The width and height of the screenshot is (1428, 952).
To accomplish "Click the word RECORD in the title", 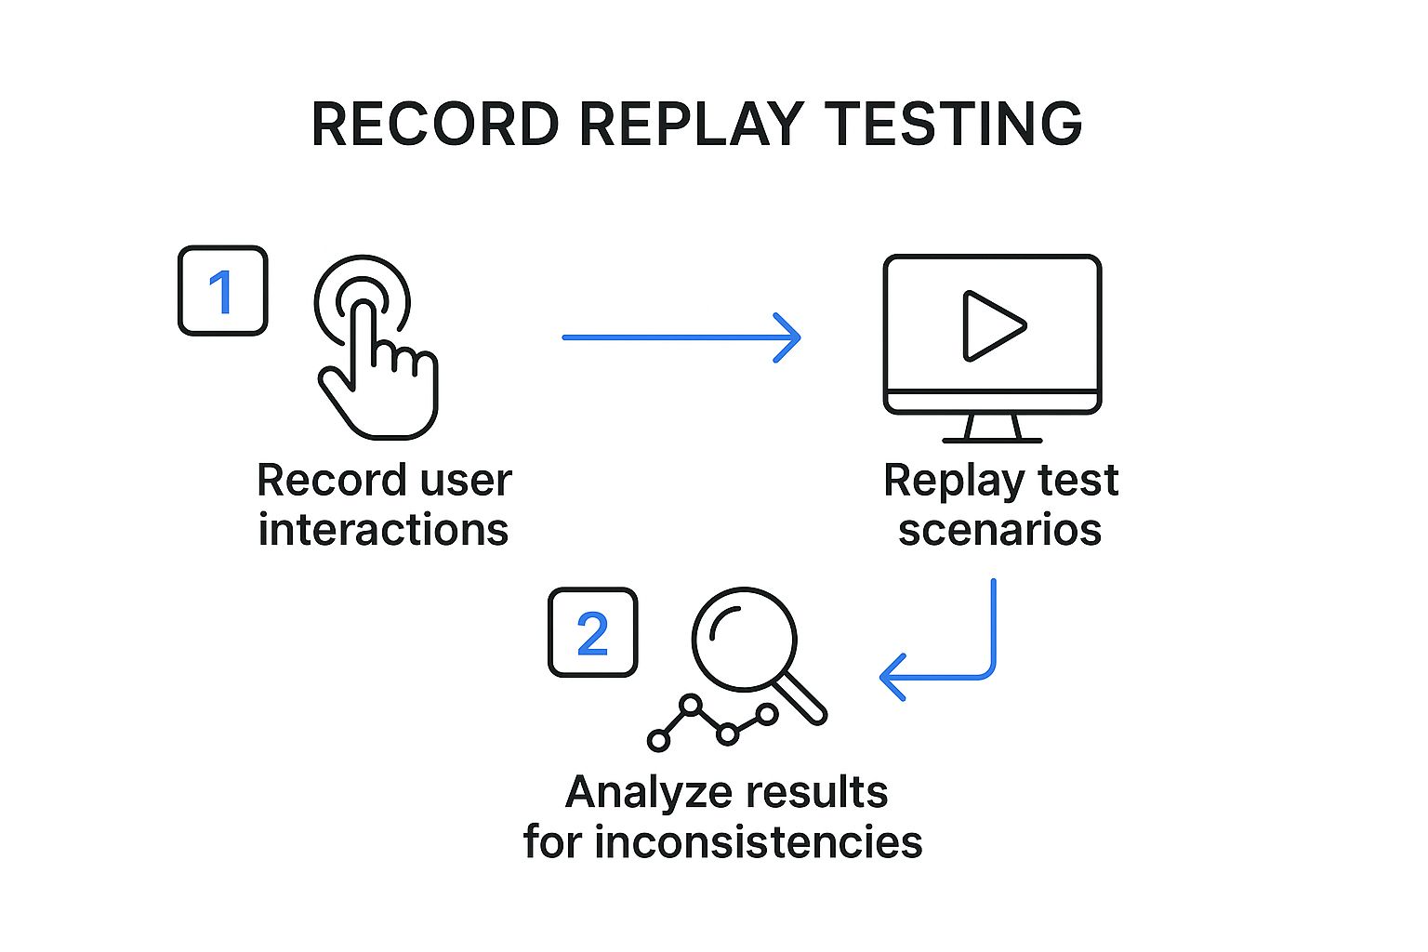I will point(435,124).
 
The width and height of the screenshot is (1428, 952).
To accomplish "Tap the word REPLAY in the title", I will point(691,124).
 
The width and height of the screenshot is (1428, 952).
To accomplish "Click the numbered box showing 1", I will point(222,291).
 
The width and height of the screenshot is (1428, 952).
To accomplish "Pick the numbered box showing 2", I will point(592,632).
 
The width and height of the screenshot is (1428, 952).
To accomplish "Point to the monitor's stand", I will point(992,429).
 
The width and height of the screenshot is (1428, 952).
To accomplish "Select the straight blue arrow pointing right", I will point(681,337).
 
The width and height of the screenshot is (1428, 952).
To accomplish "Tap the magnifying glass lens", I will point(744,639).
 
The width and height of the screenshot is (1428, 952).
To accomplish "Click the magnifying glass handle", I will point(801,698).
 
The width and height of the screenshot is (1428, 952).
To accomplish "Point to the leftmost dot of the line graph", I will point(658,741).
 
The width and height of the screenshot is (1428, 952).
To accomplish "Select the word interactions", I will point(383,530).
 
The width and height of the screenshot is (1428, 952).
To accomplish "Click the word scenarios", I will point(999,530).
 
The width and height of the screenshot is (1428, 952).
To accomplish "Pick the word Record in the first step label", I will point(331,482).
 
